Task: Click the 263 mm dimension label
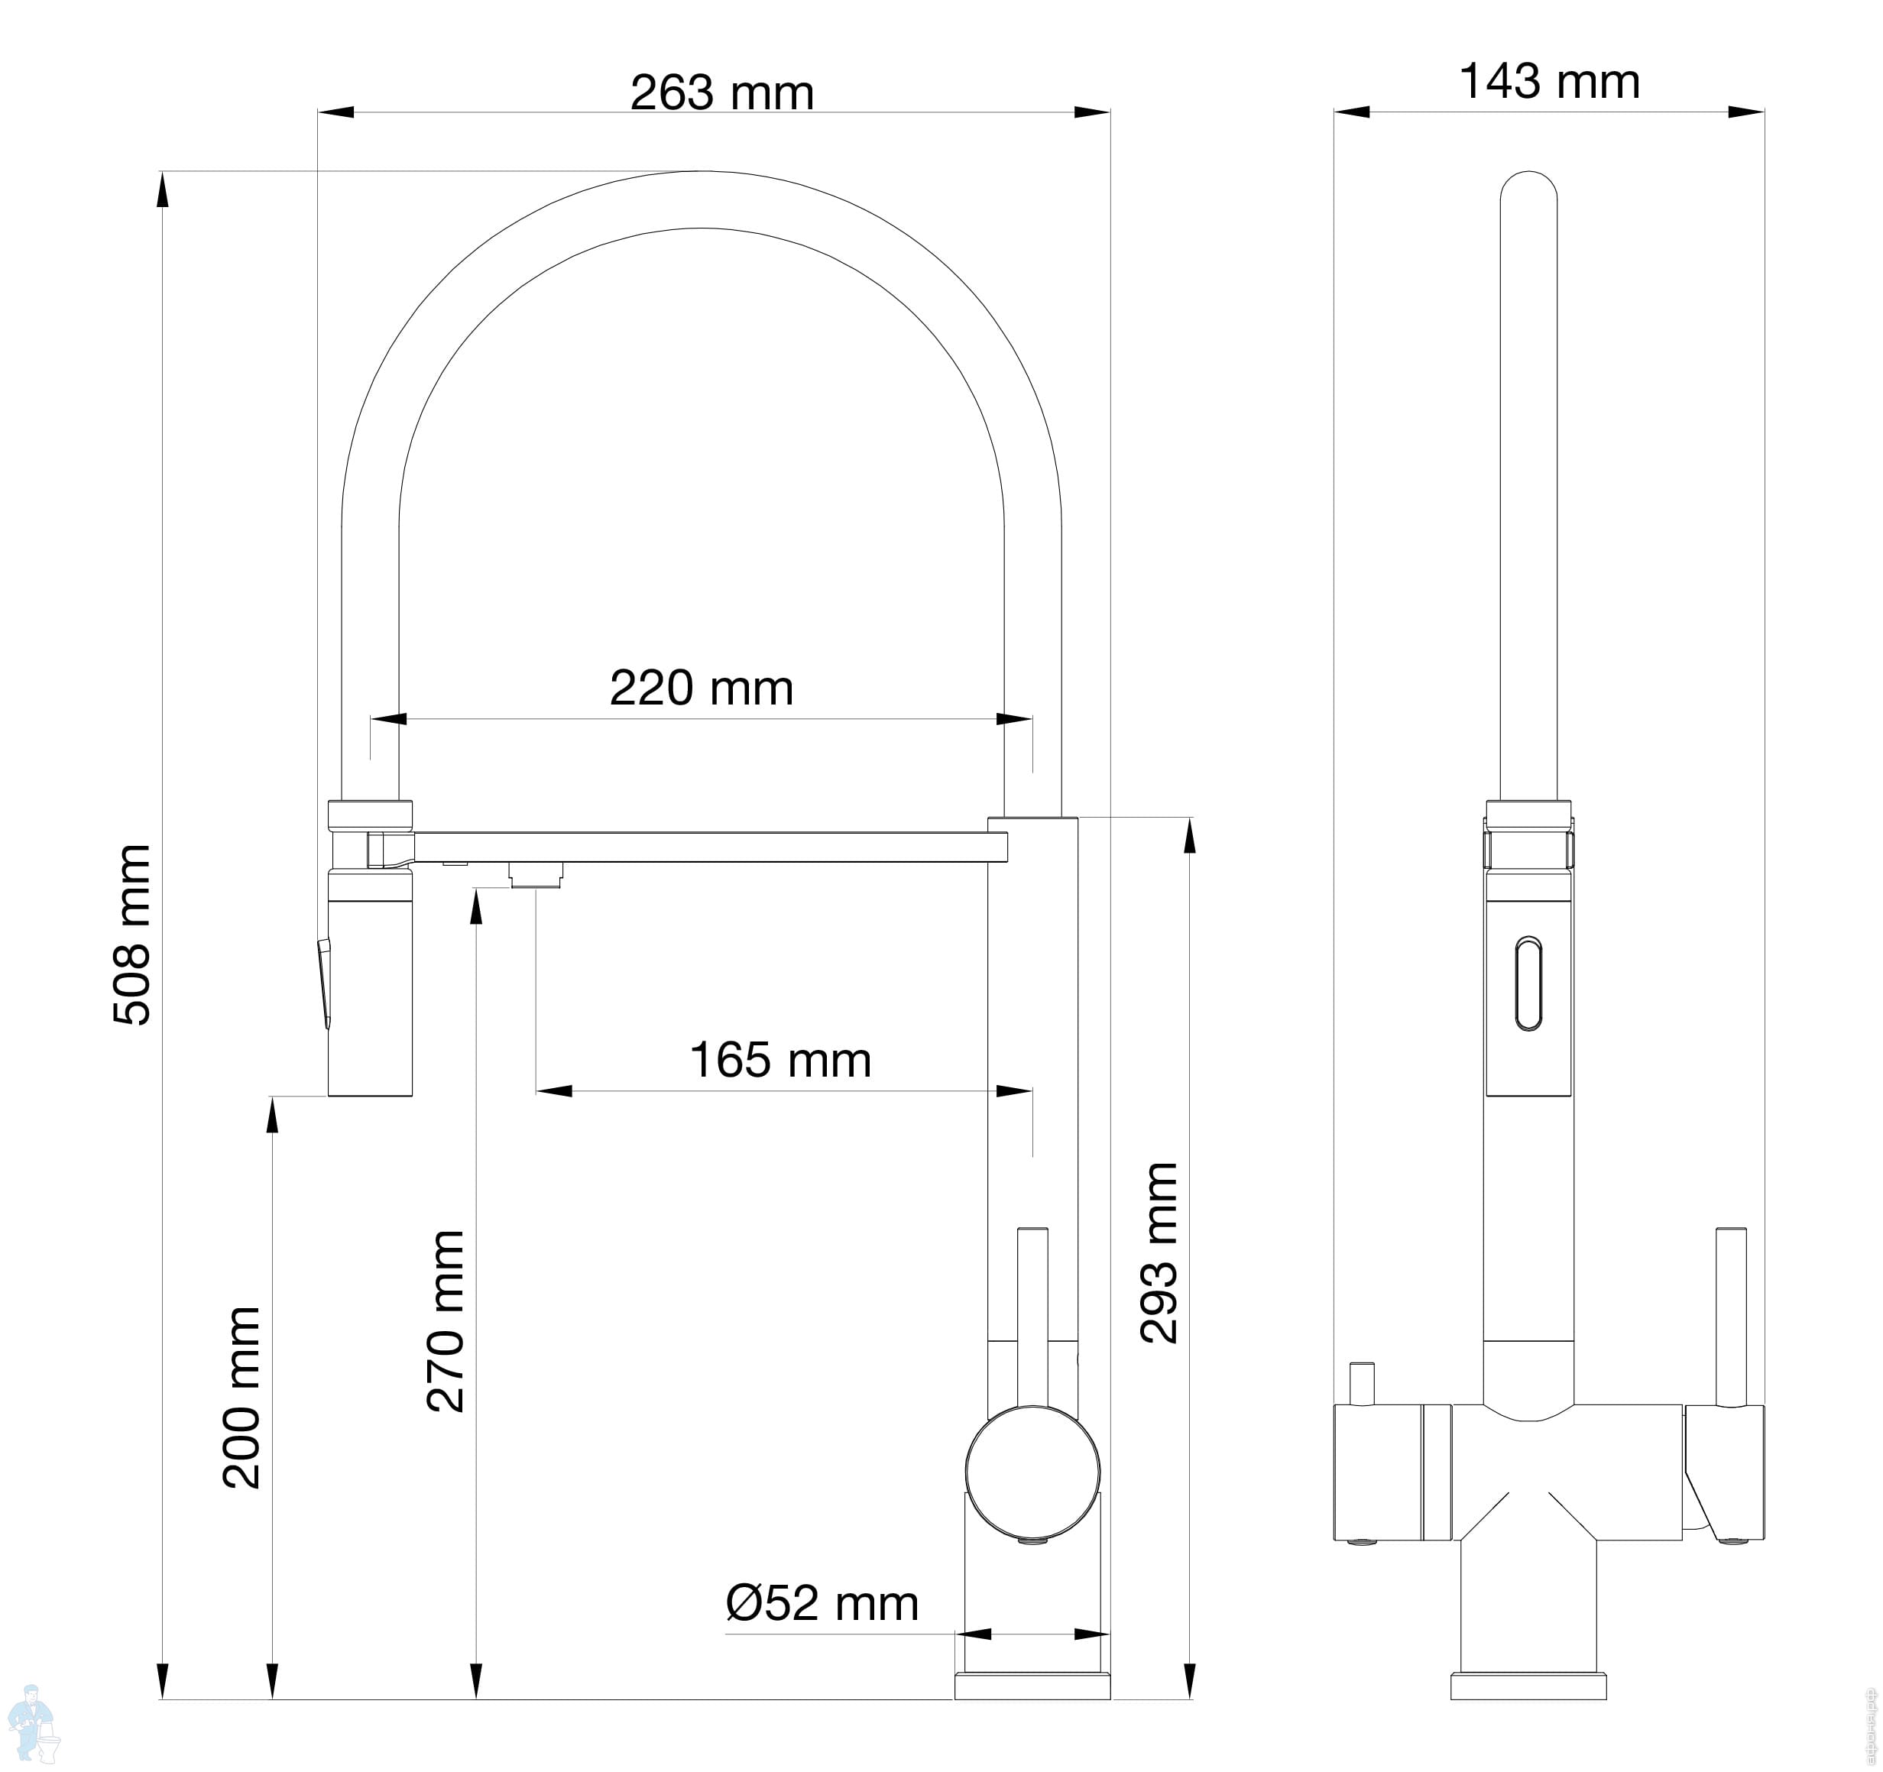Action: click(x=721, y=92)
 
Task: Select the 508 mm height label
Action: click(x=131, y=935)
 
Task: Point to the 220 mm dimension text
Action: click(x=701, y=688)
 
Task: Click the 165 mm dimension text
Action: click(x=780, y=1060)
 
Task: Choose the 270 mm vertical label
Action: click(x=446, y=1321)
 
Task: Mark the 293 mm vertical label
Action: click(x=1159, y=1253)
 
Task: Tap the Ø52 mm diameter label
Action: click(x=822, y=1603)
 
